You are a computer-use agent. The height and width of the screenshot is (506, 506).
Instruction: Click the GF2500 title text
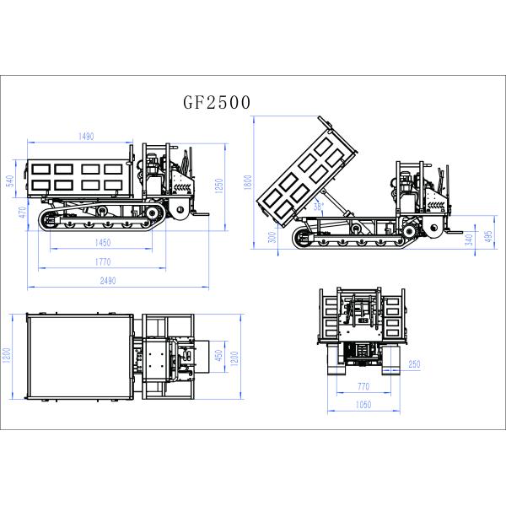tap(217, 103)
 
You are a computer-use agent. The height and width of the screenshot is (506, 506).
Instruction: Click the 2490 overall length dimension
tap(106, 281)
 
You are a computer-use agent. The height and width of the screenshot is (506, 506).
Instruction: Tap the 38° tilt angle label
tap(318, 205)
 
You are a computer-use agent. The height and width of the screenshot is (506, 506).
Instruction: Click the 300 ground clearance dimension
tap(272, 237)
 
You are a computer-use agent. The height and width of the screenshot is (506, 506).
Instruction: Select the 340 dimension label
tap(469, 237)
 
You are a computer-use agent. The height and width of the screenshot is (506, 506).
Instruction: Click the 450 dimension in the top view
tap(218, 356)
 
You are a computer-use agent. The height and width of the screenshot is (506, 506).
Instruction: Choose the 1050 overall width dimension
tap(362, 405)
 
